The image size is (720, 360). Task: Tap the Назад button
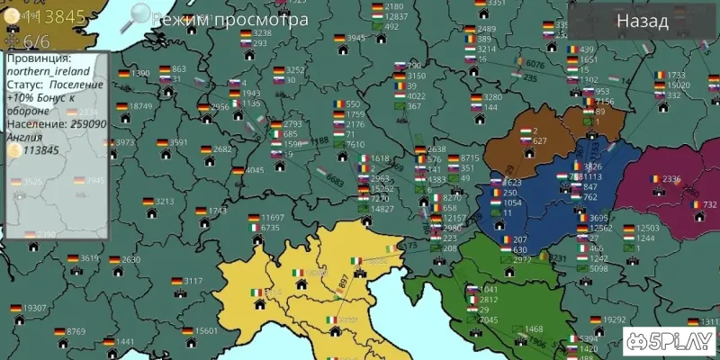[642, 22]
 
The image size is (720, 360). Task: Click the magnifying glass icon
[139, 14]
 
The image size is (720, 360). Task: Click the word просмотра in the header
[260, 19]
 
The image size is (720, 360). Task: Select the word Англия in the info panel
[22, 138]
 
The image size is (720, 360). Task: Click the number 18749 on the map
[141, 106]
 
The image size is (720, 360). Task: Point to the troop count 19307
[35, 309]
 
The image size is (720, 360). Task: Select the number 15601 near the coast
[207, 331]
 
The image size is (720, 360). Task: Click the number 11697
[273, 218]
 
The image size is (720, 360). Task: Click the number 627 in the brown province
[539, 141]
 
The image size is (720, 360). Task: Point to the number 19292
[615, 319]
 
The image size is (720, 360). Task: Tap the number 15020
[679, 85]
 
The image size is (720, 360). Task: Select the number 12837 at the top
[396, 17]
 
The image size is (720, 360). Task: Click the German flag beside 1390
[121, 74]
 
